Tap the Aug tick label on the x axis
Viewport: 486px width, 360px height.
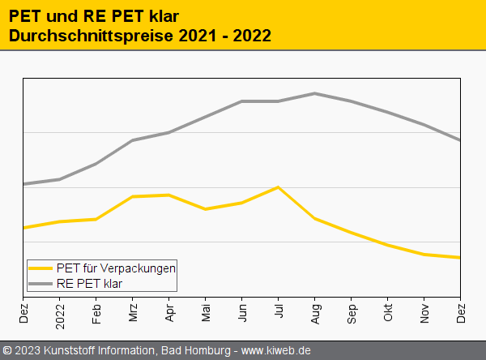point(315,310)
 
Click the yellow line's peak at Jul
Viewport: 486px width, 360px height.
point(279,187)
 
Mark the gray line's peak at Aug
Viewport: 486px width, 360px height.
point(315,93)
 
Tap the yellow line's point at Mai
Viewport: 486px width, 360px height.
point(206,209)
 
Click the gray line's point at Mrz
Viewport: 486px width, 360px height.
point(133,140)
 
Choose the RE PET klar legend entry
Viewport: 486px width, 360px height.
point(89,283)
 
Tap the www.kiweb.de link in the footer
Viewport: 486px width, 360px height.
point(276,350)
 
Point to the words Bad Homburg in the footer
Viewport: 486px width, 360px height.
point(195,350)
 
